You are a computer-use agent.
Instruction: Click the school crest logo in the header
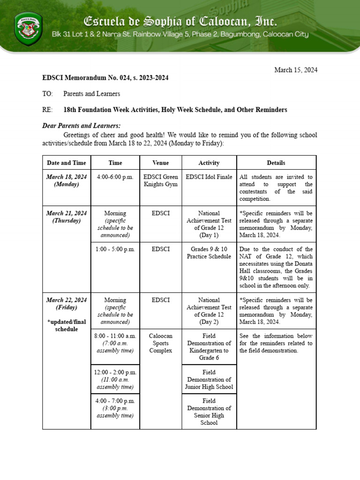29,29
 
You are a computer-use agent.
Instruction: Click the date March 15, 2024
295,70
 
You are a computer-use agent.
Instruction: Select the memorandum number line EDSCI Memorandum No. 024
105,78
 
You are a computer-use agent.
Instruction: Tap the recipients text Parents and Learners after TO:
91,94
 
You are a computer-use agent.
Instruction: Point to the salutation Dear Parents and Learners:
81,126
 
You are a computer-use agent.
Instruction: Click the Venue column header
160,163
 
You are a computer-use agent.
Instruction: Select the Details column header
276,163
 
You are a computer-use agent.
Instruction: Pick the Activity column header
209,163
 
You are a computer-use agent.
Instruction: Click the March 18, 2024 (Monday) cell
66,180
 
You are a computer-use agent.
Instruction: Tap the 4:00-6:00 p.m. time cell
115,177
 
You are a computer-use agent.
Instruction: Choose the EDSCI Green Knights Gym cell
160,180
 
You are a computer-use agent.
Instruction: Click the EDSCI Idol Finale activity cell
209,177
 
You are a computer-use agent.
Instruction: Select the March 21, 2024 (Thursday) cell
66,217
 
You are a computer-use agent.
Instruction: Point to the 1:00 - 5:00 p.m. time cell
115,249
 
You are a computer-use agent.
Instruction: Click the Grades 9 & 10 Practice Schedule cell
209,253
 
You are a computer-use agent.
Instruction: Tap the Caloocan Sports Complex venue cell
160,343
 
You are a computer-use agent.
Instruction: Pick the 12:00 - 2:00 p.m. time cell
115,379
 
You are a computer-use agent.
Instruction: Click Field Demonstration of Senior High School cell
209,412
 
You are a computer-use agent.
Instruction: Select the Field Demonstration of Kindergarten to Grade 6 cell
209,347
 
